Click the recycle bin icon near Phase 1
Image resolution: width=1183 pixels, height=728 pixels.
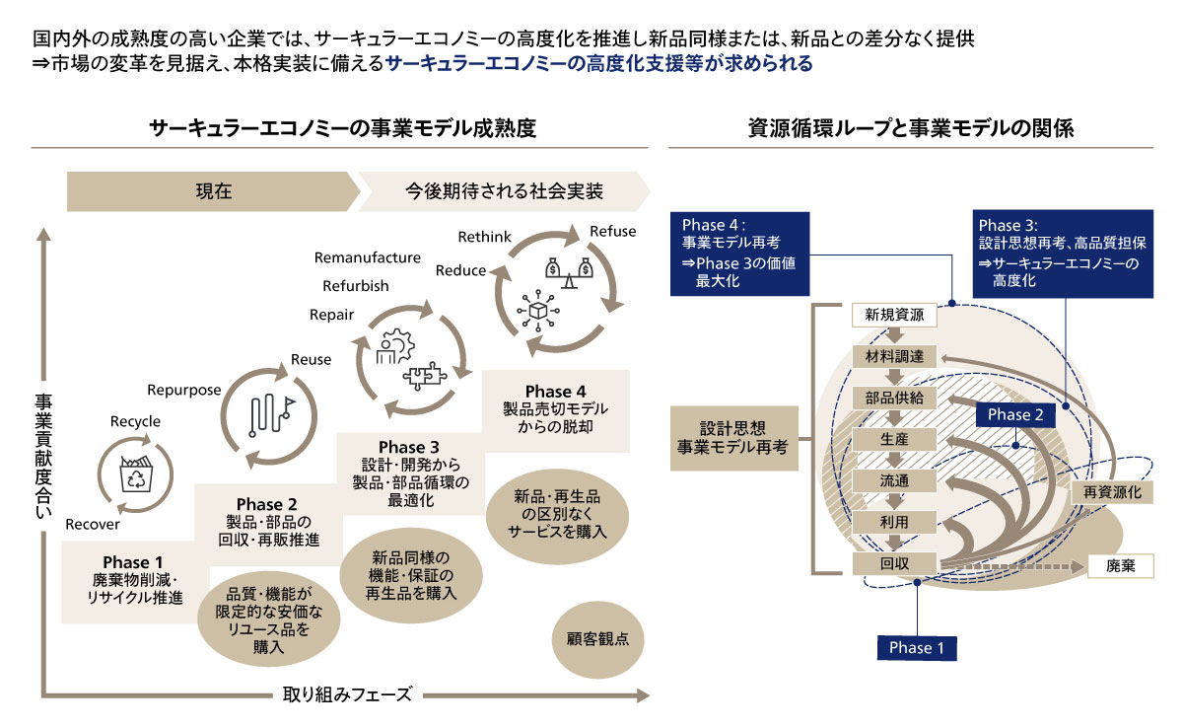(133, 476)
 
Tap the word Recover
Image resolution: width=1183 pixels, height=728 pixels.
(93, 524)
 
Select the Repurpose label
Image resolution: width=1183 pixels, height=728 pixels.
(184, 390)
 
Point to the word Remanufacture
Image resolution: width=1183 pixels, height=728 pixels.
(368, 258)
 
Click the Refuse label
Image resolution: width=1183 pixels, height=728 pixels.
(612, 232)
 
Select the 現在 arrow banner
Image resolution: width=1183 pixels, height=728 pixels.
(213, 191)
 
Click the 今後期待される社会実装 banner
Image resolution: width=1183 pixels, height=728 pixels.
(504, 191)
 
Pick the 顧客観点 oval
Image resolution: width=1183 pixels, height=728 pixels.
(591, 638)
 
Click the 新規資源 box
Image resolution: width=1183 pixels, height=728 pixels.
(893, 316)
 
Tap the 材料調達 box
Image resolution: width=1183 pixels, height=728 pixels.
(893, 357)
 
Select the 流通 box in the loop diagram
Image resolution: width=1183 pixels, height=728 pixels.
(893, 480)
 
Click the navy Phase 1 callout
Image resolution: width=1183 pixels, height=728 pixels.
(917, 647)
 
